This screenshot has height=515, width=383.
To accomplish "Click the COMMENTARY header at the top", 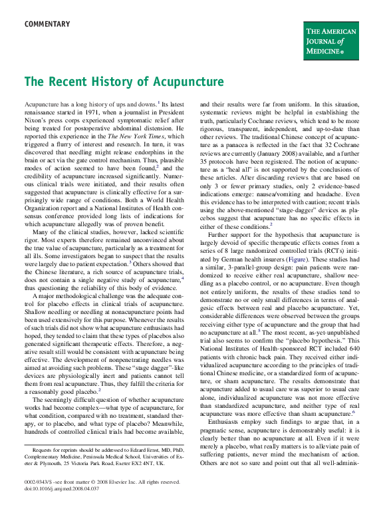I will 47,25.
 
